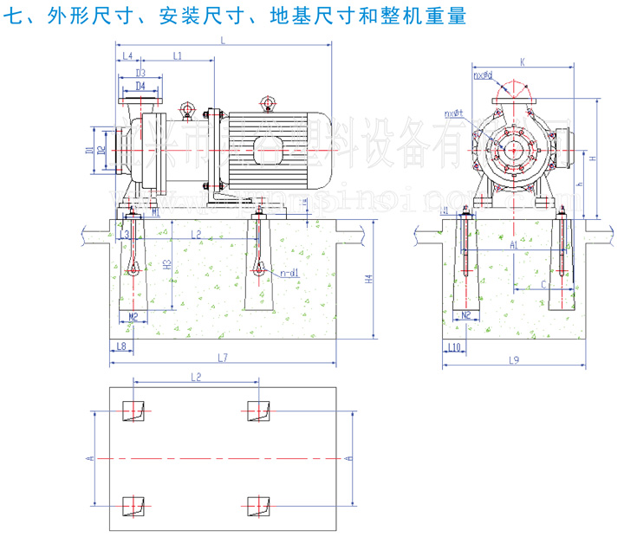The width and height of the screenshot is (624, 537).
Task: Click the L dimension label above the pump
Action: coord(224,41)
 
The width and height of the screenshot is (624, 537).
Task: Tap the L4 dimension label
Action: coord(127,55)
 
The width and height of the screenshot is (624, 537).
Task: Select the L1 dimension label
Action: coord(177,55)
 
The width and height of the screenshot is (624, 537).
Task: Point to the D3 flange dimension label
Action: coord(140,74)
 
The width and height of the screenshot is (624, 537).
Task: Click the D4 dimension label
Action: coord(140,87)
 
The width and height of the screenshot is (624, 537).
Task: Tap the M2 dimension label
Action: coord(133,316)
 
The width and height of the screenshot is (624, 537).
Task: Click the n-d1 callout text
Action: coord(289,273)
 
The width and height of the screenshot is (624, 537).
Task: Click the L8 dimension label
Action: coord(121,346)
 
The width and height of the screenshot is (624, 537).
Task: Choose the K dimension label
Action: coord(523,61)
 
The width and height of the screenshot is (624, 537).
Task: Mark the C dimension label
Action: coord(543,283)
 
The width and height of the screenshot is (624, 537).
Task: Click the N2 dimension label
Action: coord(465,315)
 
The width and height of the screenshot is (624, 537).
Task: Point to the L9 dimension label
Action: coord(514,359)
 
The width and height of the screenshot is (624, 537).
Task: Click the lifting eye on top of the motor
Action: coord(269,104)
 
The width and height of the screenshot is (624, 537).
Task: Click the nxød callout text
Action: coord(483,75)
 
